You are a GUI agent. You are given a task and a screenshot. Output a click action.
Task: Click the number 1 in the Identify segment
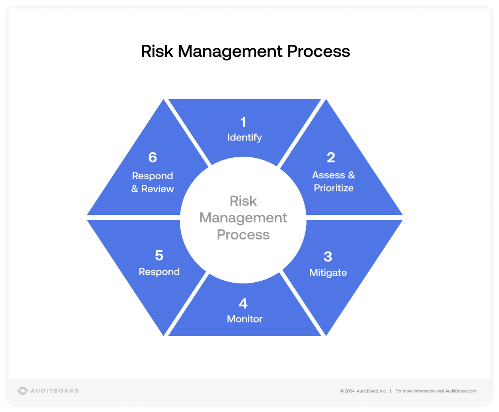point(243,122)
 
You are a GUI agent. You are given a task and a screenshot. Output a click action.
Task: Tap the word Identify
point(244,137)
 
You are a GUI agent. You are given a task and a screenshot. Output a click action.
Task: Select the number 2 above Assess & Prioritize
point(331,157)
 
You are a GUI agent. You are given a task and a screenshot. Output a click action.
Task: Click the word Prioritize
point(334,188)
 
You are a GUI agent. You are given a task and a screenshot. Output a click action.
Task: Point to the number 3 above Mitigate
point(328,257)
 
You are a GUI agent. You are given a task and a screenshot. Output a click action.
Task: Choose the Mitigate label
point(328,273)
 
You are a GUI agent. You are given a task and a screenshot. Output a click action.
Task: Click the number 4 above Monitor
point(243,304)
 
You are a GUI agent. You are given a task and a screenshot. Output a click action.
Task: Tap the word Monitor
point(244,319)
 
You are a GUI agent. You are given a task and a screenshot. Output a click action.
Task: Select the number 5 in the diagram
point(159,256)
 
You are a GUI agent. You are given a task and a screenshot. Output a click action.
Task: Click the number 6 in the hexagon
point(152,157)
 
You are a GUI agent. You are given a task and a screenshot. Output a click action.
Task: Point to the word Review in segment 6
point(158,189)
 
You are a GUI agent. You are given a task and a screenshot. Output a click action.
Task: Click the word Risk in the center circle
point(243,201)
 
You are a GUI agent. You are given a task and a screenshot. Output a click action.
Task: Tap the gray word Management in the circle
point(243,218)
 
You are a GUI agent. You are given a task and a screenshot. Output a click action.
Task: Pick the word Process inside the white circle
point(243,235)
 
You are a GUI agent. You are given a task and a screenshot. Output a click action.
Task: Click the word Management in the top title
point(230,51)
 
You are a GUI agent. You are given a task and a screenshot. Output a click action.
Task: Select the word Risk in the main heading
point(157,51)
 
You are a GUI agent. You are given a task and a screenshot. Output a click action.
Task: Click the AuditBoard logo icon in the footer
point(22,391)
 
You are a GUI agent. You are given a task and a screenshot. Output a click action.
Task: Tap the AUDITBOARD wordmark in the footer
point(55,391)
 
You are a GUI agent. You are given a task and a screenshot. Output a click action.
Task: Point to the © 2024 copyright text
point(347,391)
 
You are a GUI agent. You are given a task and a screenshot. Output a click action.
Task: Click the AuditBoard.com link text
point(460,391)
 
